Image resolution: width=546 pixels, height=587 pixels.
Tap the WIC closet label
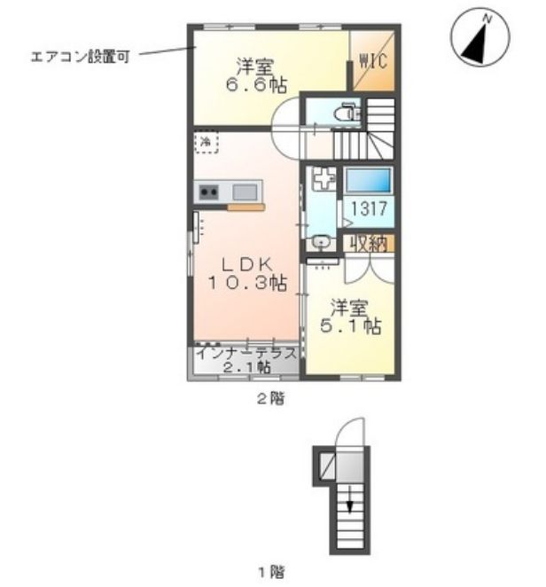click(x=370, y=63)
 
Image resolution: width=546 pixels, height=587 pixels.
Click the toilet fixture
click(x=347, y=113)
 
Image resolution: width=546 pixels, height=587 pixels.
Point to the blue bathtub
click(x=367, y=181)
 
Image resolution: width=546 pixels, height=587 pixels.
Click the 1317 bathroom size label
click(x=367, y=211)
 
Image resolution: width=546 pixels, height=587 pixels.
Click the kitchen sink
click(x=246, y=191)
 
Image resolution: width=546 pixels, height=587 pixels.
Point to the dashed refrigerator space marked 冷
click(x=206, y=141)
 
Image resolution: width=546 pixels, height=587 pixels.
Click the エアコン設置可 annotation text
click(x=80, y=55)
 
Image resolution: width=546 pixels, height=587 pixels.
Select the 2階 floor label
click(x=269, y=399)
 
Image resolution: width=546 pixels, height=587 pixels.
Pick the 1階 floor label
click(x=269, y=570)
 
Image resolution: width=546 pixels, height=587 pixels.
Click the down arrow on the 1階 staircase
click(x=350, y=504)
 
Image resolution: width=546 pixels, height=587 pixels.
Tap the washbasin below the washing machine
click(x=321, y=239)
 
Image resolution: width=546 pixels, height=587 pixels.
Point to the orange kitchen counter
click(x=246, y=208)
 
